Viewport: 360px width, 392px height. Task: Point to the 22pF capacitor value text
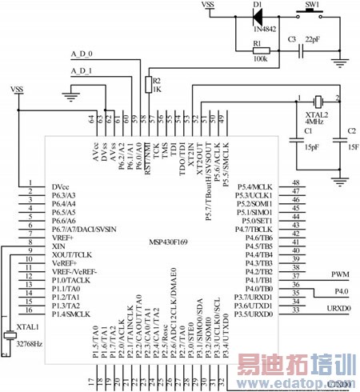(x=314, y=39)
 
